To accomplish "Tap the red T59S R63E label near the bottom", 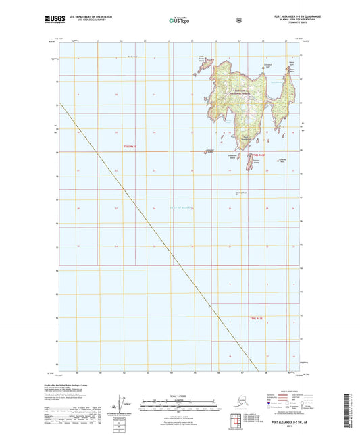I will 256,317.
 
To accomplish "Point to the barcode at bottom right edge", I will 353,409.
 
